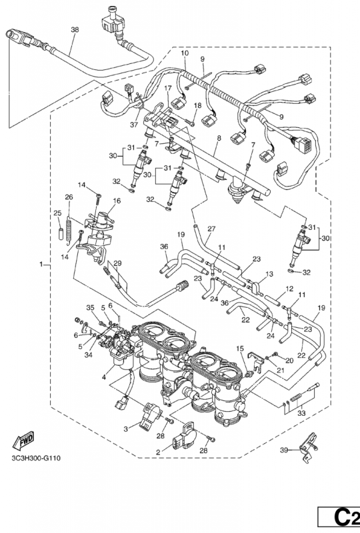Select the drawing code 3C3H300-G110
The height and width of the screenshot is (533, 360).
pyautogui.click(x=36, y=458)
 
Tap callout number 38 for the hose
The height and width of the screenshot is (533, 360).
pyautogui.click(x=75, y=29)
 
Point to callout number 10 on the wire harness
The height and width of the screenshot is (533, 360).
pyautogui.click(x=185, y=53)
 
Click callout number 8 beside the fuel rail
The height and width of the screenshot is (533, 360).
pyautogui.click(x=219, y=138)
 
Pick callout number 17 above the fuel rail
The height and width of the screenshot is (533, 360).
pyautogui.click(x=168, y=89)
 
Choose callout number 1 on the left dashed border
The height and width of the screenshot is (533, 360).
pyautogui.click(x=41, y=264)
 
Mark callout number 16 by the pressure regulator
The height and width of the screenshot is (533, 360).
pyautogui.click(x=117, y=201)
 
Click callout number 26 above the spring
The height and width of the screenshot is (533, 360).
pyautogui.click(x=69, y=197)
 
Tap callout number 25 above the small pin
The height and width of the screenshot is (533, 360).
pyautogui.click(x=57, y=213)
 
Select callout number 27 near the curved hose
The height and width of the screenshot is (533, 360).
pyautogui.click(x=211, y=229)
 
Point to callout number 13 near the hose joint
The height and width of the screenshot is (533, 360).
pyautogui.click(x=269, y=274)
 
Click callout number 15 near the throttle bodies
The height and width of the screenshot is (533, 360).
pyautogui.click(x=240, y=348)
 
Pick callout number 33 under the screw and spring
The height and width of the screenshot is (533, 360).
pyautogui.click(x=301, y=413)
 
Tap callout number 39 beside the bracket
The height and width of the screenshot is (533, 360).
pyautogui.click(x=285, y=450)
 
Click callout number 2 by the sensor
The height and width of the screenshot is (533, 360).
pyautogui.click(x=158, y=452)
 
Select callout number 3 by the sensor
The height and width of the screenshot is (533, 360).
pyautogui.click(x=125, y=429)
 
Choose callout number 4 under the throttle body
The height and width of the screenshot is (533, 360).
pyautogui.click(x=104, y=376)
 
